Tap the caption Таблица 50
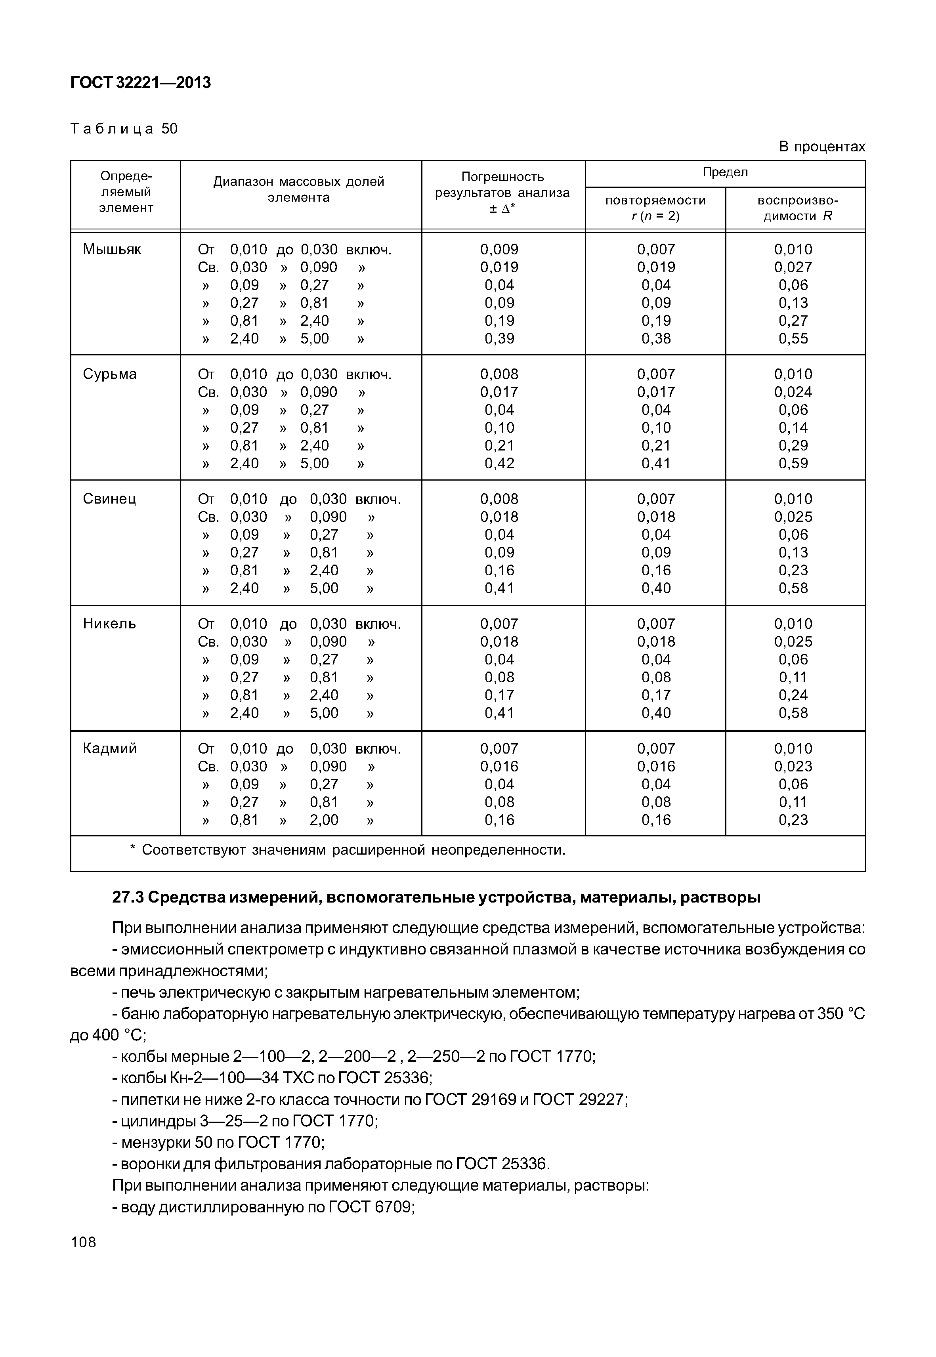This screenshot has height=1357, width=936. point(124,128)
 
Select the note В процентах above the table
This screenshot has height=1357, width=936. point(821,147)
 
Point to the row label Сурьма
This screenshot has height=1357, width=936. point(110,374)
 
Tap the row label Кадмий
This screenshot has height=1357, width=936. point(110,749)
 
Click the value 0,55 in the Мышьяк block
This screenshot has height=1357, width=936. point(793,339)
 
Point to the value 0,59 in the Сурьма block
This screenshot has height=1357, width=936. point(793,464)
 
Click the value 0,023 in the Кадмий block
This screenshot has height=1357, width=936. point(793,767)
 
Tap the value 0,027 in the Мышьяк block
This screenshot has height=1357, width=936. point(793,267)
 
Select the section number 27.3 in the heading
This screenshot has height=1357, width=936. point(128,898)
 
